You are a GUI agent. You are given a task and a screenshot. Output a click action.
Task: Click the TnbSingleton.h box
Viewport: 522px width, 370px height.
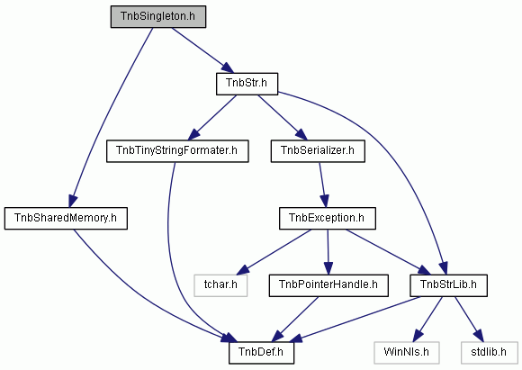158,16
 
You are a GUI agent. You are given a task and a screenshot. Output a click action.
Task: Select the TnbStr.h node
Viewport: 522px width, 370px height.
247,84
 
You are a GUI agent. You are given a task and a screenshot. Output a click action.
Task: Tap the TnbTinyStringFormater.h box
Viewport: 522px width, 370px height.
177,151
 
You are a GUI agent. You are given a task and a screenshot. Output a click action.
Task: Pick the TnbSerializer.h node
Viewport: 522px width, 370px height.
318,151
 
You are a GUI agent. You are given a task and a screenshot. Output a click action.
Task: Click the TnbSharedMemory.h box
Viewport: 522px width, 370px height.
66,219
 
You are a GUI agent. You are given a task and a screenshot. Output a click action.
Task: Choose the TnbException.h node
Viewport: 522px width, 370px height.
328,219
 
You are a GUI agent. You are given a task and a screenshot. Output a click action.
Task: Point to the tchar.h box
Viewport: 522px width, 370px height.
220,285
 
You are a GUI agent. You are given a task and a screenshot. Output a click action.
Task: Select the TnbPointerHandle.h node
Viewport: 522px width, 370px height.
328,285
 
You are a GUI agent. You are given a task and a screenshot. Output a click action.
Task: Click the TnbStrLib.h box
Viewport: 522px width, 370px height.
448,285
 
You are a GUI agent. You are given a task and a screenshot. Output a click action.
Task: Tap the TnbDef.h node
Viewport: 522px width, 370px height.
261,353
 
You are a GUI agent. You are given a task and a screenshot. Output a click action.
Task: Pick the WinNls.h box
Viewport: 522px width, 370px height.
407,353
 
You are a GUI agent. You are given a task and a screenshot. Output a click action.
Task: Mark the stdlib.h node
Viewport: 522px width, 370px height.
490,353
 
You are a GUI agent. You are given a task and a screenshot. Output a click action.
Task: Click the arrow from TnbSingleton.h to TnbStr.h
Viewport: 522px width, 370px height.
202,50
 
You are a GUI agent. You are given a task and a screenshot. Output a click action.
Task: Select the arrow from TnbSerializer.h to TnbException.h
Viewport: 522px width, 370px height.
323,185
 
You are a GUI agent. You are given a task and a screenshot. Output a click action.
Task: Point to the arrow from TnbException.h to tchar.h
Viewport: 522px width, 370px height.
276,251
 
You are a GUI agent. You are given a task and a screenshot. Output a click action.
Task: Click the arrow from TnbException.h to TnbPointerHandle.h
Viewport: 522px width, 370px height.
328,252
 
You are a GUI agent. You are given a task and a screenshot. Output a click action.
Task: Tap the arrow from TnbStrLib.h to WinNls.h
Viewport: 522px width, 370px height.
428,319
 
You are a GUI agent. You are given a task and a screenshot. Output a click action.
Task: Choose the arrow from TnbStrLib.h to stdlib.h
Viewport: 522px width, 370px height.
468,319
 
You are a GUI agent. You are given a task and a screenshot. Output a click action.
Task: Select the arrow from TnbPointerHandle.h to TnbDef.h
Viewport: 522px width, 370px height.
296,319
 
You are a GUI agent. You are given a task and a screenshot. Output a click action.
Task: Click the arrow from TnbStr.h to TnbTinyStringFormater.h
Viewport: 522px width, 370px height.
212,118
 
